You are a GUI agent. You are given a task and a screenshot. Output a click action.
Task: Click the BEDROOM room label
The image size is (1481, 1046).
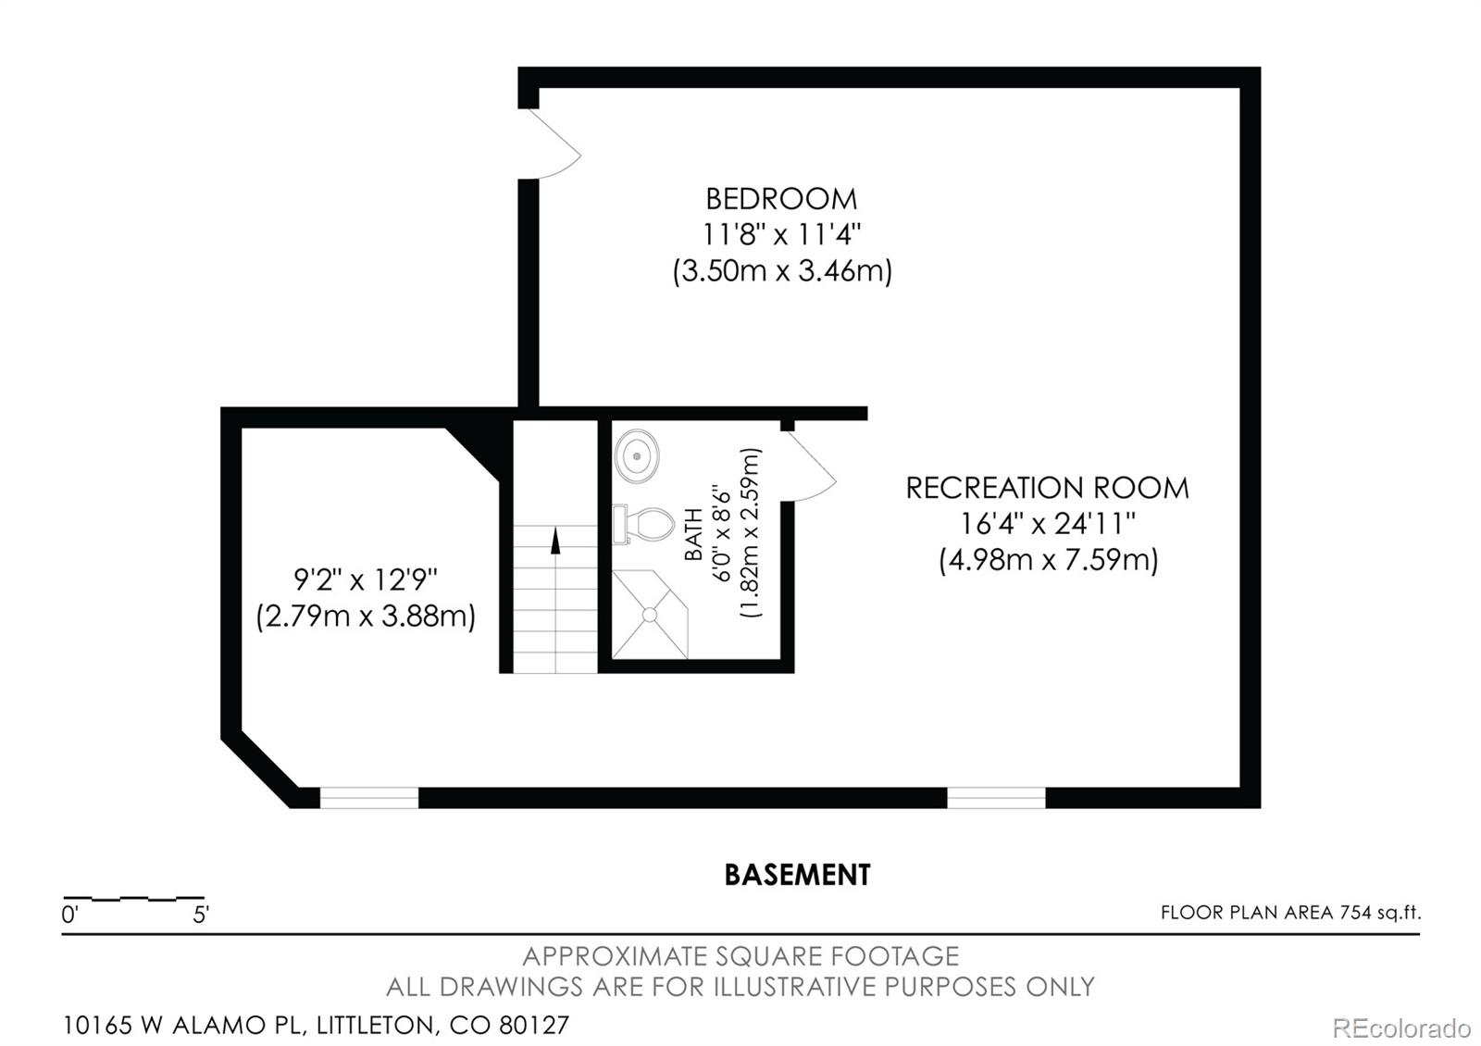point(781,199)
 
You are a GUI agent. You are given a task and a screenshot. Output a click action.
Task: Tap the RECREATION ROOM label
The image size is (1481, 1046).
point(1047,488)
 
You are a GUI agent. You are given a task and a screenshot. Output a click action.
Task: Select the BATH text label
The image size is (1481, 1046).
point(693,534)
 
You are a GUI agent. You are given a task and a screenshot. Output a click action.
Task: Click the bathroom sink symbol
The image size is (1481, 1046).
point(637,456)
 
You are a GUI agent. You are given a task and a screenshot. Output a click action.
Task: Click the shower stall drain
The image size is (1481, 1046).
point(650,615)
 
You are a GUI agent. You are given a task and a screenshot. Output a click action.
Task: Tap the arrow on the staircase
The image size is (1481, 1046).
point(555,541)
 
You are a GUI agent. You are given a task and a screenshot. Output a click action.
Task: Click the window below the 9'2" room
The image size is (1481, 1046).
point(368,797)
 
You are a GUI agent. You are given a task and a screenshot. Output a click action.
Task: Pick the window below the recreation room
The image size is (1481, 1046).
point(996,797)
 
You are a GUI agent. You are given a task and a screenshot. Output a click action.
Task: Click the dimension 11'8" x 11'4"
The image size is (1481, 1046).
point(781,235)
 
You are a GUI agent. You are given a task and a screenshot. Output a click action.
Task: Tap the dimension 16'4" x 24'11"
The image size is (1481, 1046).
point(1047,524)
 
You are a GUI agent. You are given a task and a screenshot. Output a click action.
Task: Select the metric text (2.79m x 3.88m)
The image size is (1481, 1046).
point(366,616)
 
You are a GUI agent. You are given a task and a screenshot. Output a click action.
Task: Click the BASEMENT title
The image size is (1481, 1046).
point(797,875)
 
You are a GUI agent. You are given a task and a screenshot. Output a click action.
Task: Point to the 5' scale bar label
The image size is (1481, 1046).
point(200,915)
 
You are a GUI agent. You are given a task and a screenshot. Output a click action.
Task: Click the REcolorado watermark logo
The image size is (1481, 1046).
point(1400,1027)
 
